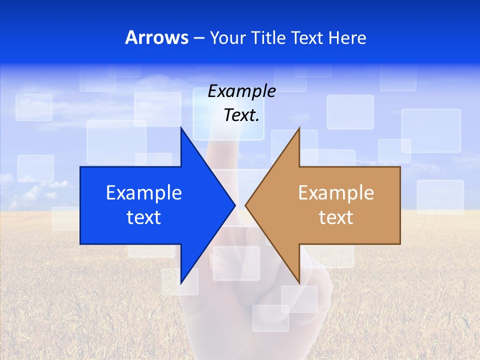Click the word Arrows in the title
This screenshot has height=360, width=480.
156,37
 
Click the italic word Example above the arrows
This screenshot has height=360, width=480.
241,91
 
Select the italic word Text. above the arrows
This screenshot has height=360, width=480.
241,115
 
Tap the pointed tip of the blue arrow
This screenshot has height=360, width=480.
235,205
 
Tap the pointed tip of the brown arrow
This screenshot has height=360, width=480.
245,205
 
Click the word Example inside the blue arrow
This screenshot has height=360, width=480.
144,193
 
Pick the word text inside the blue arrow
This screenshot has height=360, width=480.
144,217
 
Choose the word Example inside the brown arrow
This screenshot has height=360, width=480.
336,193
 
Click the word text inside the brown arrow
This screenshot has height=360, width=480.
336,217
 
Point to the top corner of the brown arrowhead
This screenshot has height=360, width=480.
299,128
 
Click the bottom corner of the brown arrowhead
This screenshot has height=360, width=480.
299,283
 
